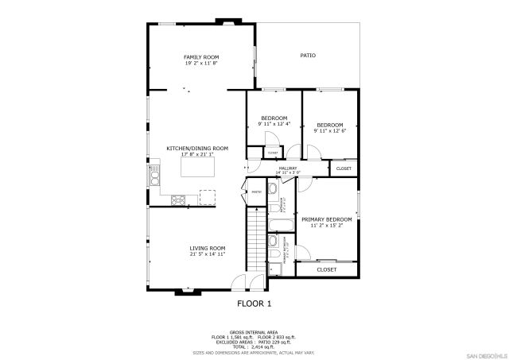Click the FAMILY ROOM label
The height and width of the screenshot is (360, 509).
(x=201, y=57)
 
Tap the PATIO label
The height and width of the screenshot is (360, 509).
(x=308, y=56)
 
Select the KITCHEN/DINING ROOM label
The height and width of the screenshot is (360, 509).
(x=197, y=148)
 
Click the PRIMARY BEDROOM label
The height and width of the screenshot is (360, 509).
(x=327, y=219)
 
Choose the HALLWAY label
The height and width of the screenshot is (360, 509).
(x=287, y=168)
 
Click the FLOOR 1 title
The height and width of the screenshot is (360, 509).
(x=254, y=304)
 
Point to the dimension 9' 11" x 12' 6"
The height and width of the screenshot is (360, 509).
(x=329, y=131)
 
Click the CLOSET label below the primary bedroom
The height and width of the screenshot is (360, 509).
(x=326, y=269)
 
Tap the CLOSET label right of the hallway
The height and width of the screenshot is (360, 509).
(x=344, y=168)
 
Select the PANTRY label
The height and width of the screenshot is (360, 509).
(x=256, y=192)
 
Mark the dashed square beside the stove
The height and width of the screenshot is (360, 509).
(x=208, y=197)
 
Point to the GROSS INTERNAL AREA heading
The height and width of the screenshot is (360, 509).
(x=254, y=332)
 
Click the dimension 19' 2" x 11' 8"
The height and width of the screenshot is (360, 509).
(x=201, y=64)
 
